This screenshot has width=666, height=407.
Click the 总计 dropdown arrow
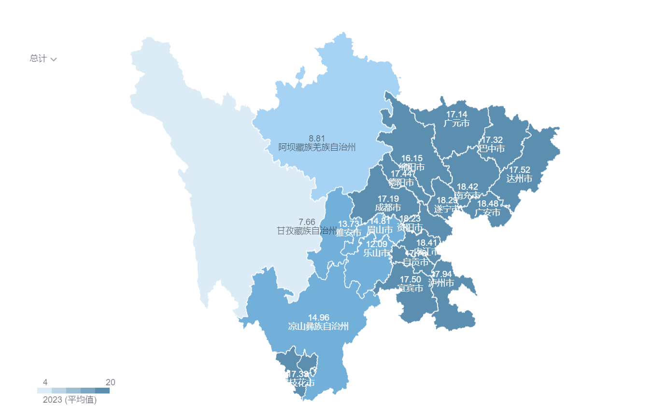(x=54, y=59)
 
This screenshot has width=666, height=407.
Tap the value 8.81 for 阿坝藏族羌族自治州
(x=317, y=138)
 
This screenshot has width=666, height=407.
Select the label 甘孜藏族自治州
(x=307, y=231)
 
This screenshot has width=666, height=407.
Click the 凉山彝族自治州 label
(x=318, y=326)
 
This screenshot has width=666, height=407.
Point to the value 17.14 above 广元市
(x=456, y=114)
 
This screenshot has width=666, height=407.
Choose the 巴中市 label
(x=492, y=149)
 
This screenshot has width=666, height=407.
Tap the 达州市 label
(x=519, y=179)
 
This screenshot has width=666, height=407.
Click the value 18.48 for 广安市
(x=488, y=204)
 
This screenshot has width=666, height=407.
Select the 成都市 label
(x=388, y=208)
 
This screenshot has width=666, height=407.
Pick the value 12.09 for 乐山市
(x=376, y=244)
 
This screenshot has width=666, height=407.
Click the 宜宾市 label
(x=410, y=288)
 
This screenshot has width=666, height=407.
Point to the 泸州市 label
(x=441, y=283)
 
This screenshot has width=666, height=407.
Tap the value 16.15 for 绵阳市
(x=412, y=158)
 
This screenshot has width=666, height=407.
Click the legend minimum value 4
(x=45, y=382)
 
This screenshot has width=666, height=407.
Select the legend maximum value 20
(x=111, y=382)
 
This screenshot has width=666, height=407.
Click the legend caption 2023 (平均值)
(x=70, y=400)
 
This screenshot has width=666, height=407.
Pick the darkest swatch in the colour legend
(x=102, y=391)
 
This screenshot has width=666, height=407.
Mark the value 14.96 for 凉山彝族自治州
(x=318, y=318)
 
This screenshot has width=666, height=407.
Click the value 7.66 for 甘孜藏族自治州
(x=307, y=222)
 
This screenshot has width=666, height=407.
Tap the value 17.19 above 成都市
(x=388, y=199)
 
